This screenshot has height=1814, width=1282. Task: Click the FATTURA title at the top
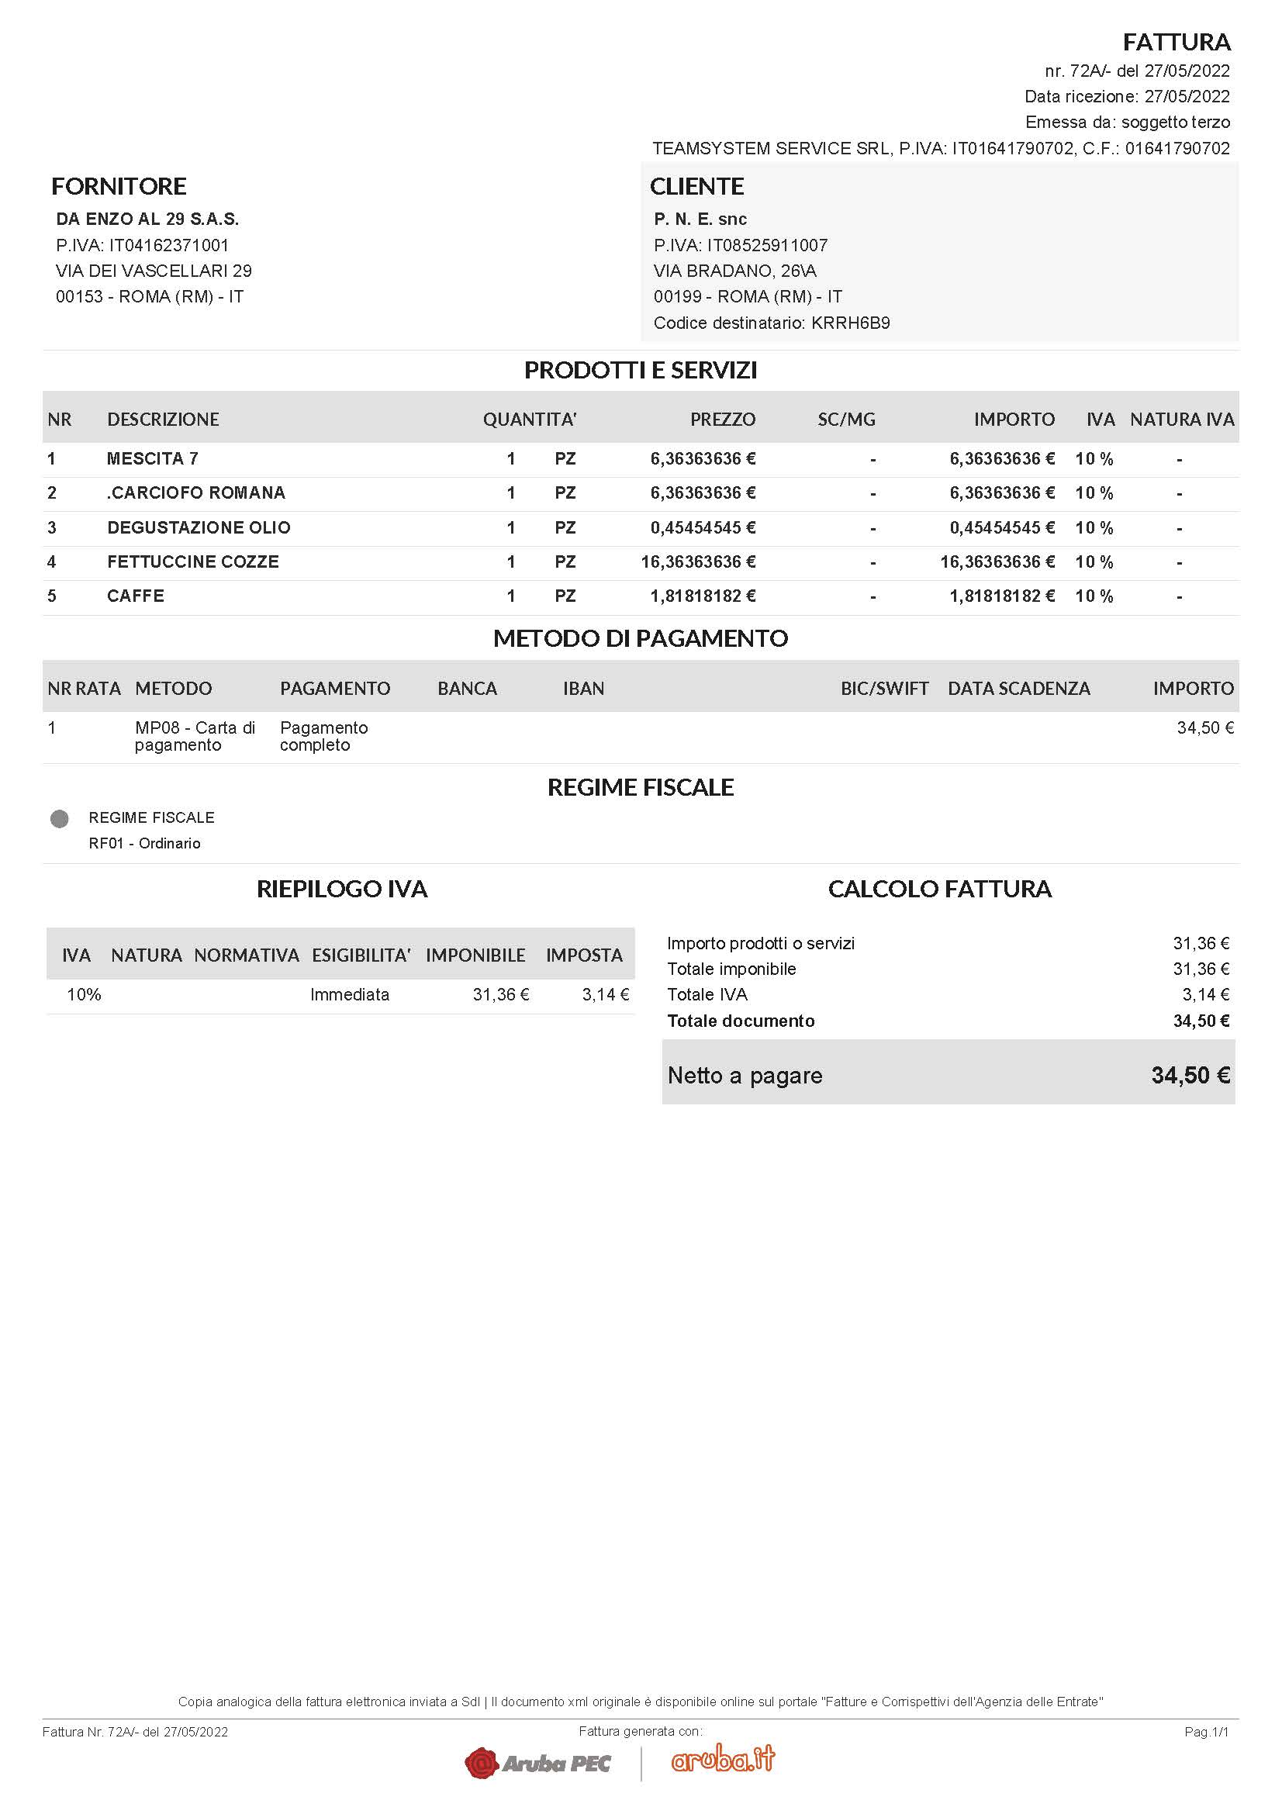pyautogui.click(x=1177, y=42)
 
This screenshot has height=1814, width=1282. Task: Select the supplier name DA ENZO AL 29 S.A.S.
pyautogui.click(x=147, y=219)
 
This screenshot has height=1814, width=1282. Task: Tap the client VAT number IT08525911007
pyautogui.click(x=767, y=245)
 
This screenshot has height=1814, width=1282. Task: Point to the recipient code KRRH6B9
pyautogui.click(x=850, y=323)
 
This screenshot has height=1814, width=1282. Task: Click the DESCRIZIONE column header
pyautogui.click(x=163, y=420)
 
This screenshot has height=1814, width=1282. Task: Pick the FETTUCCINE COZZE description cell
pyautogui.click(x=193, y=561)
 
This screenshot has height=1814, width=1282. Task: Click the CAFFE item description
pyautogui.click(x=135, y=596)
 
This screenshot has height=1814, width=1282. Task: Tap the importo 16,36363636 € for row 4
pyautogui.click(x=997, y=561)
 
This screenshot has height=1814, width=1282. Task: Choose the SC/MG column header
pyautogui.click(x=846, y=420)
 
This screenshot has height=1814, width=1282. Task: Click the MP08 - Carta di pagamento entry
pyautogui.click(x=195, y=735)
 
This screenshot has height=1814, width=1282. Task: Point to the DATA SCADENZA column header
pyautogui.click(x=1018, y=688)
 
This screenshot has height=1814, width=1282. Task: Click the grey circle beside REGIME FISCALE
pyautogui.click(x=59, y=818)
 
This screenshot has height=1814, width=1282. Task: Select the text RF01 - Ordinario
pyautogui.click(x=144, y=843)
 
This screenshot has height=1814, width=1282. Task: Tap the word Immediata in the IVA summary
pyautogui.click(x=349, y=995)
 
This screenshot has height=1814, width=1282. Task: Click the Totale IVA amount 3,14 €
pyautogui.click(x=1205, y=995)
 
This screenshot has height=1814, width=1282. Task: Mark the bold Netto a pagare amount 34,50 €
pyautogui.click(x=1190, y=1075)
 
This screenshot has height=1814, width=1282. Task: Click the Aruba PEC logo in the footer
pyautogui.click(x=538, y=1763)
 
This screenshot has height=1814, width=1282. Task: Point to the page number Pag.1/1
pyautogui.click(x=1206, y=1732)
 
